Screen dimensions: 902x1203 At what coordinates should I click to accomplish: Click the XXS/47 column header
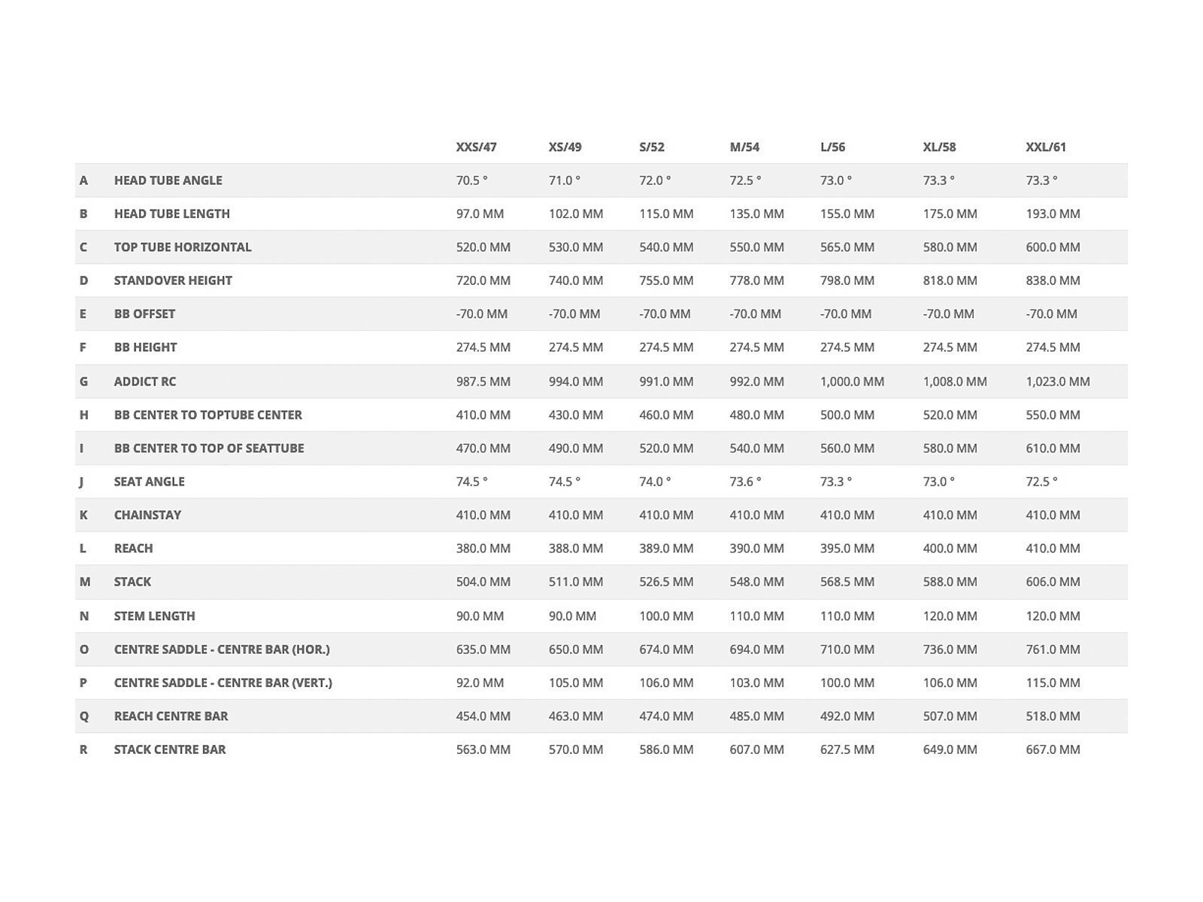(476, 147)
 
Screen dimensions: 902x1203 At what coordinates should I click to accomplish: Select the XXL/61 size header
(1046, 147)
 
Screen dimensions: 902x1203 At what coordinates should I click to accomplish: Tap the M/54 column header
(744, 147)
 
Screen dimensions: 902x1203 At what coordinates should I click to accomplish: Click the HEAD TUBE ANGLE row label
(168, 180)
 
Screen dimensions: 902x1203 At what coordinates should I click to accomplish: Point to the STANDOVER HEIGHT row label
(173, 280)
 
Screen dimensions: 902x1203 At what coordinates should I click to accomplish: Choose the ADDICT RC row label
(144, 381)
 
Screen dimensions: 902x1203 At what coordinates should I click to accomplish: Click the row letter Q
(83, 716)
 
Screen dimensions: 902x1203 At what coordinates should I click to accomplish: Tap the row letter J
(81, 481)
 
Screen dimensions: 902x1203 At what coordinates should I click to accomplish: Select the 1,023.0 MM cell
(1057, 381)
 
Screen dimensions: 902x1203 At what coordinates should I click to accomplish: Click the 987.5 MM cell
(483, 381)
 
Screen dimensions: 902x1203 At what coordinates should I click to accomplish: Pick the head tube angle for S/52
(655, 180)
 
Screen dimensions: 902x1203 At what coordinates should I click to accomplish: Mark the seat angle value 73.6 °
(745, 481)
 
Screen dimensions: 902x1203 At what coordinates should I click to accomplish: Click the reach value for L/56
(847, 548)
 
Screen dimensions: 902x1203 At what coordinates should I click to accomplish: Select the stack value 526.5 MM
(666, 582)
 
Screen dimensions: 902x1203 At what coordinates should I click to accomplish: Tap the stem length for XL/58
(950, 616)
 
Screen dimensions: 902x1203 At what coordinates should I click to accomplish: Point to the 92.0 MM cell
(480, 683)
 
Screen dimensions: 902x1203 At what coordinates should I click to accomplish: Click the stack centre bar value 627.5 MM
(847, 749)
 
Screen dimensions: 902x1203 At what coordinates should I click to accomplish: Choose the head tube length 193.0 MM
(1053, 213)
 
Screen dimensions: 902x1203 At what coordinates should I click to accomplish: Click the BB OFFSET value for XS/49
(574, 313)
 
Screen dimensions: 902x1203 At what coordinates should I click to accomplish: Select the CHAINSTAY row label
(147, 515)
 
